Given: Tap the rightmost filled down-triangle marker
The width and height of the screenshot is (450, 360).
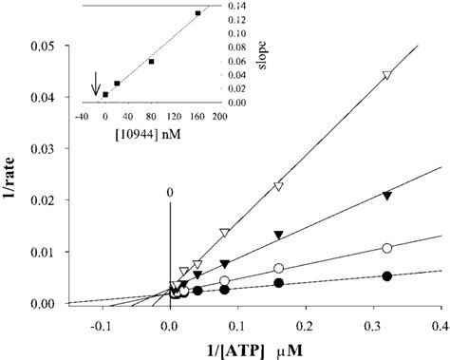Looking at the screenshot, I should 386,196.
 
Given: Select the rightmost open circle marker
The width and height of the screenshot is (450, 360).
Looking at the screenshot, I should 386,248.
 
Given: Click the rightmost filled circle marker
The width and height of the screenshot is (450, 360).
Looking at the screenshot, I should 386,276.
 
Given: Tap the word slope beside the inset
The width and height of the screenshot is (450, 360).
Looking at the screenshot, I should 244,53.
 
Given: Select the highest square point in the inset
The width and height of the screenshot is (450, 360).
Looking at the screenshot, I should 197,13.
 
